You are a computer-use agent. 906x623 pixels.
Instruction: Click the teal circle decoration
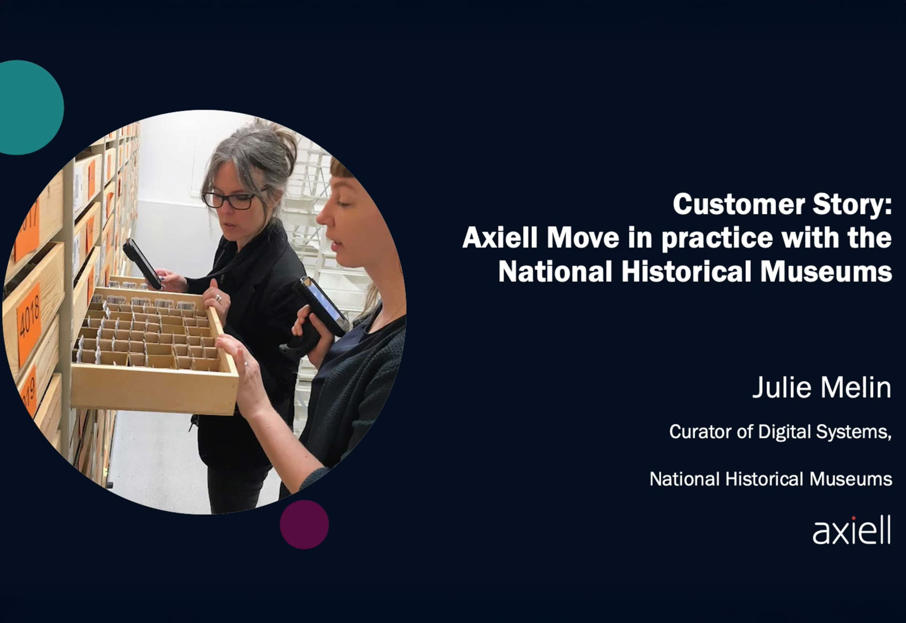click(28, 108)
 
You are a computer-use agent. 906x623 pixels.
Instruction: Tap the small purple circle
click(304, 524)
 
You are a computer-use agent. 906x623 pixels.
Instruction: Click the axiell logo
click(852, 530)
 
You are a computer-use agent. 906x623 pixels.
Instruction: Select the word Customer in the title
click(739, 204)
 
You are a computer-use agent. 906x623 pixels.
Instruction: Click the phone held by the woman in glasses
click(142, 263)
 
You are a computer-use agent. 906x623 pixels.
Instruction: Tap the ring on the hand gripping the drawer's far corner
click(219, 298)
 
